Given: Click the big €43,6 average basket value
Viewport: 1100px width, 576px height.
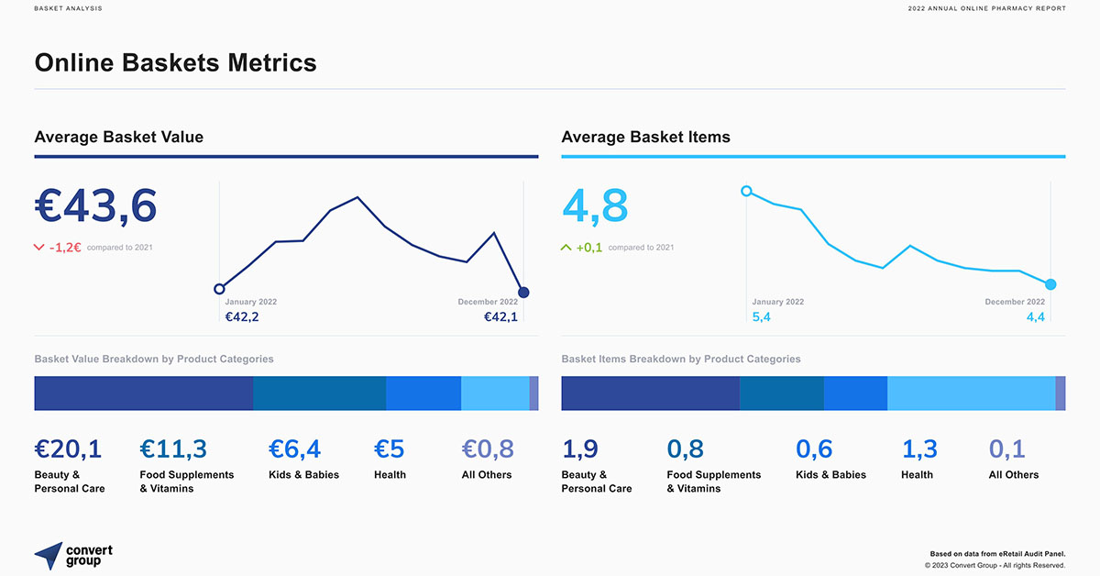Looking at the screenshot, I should [95, 206].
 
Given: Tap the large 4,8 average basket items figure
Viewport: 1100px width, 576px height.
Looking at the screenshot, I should [595, 206].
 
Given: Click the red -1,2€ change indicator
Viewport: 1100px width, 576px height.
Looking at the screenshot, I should [64, 247].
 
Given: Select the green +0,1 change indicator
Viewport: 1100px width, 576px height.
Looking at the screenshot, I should [588, 247].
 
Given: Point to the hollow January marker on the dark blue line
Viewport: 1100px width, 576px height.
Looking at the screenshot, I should [219, 289].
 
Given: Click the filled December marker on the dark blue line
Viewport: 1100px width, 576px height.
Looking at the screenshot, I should [523, 293].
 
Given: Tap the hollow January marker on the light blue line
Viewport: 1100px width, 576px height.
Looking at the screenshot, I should [746, 191].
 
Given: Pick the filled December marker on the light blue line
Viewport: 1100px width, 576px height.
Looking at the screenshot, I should [1050, 284].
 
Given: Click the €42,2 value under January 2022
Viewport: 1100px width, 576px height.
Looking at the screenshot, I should [241, 317].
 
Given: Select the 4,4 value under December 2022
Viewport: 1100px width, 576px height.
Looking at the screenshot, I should [1036, 317].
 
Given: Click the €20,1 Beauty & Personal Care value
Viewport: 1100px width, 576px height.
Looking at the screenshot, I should [68, 449].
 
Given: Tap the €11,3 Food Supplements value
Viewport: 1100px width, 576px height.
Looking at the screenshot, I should [173, 449].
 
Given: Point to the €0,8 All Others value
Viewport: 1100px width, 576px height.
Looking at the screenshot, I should [488, 449].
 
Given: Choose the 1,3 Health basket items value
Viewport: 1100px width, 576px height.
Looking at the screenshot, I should [919, 449].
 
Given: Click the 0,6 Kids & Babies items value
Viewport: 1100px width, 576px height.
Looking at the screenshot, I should [814, 449].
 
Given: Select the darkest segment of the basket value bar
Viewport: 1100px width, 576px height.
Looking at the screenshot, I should [143, 393].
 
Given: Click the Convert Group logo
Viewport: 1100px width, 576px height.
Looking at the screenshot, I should [73, 555].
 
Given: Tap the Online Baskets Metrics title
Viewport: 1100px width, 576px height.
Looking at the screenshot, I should [175, 62].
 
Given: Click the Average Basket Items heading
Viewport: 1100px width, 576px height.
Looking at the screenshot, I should [645, 137].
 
